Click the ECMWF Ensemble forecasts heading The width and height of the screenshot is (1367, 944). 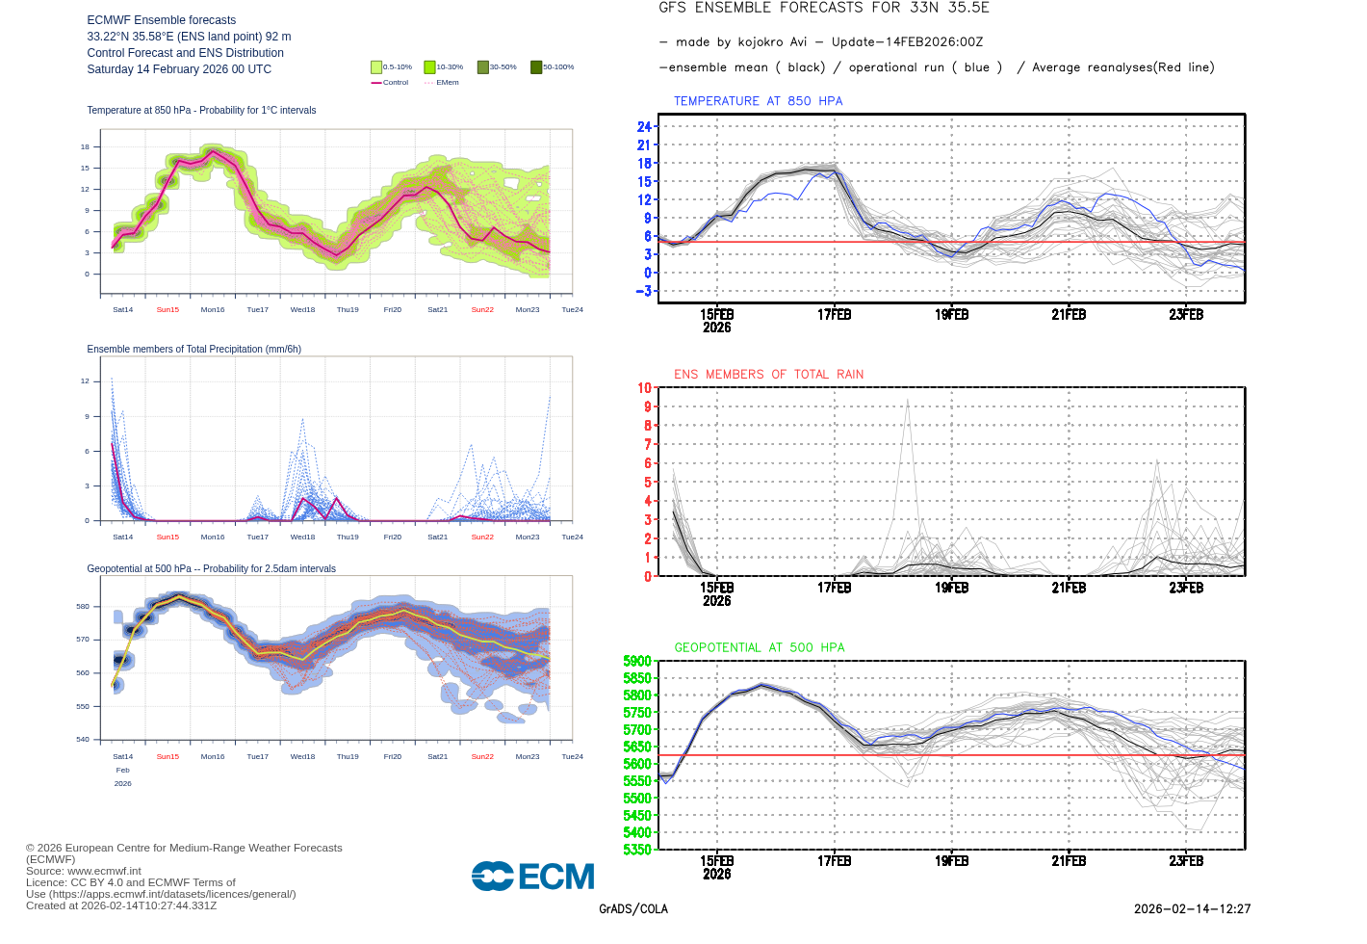161,20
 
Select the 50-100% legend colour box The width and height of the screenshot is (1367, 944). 536,67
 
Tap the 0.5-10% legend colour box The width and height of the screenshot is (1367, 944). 376,67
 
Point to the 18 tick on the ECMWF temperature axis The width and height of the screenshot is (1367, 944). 85,147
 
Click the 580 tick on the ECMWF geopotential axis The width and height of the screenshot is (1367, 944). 82,607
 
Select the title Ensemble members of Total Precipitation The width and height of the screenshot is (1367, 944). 193,350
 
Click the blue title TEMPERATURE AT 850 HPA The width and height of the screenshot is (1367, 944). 758,101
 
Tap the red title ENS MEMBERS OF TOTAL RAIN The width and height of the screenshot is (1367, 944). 768,375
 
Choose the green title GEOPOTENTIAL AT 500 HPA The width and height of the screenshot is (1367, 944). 759,648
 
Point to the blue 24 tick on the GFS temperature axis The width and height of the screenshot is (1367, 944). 644,127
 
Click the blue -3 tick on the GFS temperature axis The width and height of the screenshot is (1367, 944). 643,291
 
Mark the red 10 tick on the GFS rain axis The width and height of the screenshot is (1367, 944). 644,388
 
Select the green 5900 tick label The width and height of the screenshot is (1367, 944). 637,661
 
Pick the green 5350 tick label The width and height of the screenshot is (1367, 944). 637,850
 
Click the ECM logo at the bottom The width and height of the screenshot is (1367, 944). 532,877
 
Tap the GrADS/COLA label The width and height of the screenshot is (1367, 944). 632,909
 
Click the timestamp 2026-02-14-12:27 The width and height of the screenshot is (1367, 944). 1192,909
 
